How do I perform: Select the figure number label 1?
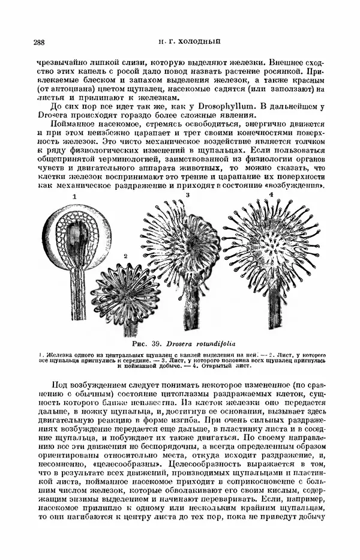coord(74,197)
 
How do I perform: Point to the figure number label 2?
coord(125,256)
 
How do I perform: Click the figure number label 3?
coord(188,196)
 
